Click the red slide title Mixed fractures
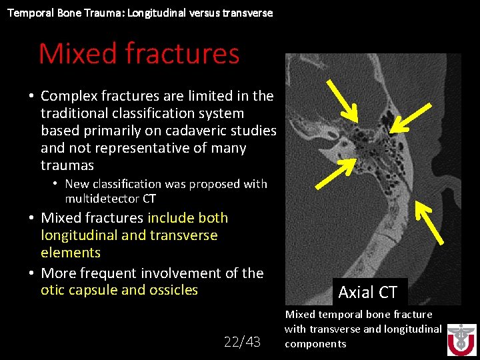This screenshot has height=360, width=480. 139,53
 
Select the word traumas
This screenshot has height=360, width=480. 67,165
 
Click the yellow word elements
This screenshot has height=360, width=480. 71,253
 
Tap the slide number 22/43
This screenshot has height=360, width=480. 241,341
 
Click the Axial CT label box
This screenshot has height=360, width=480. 367,292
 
